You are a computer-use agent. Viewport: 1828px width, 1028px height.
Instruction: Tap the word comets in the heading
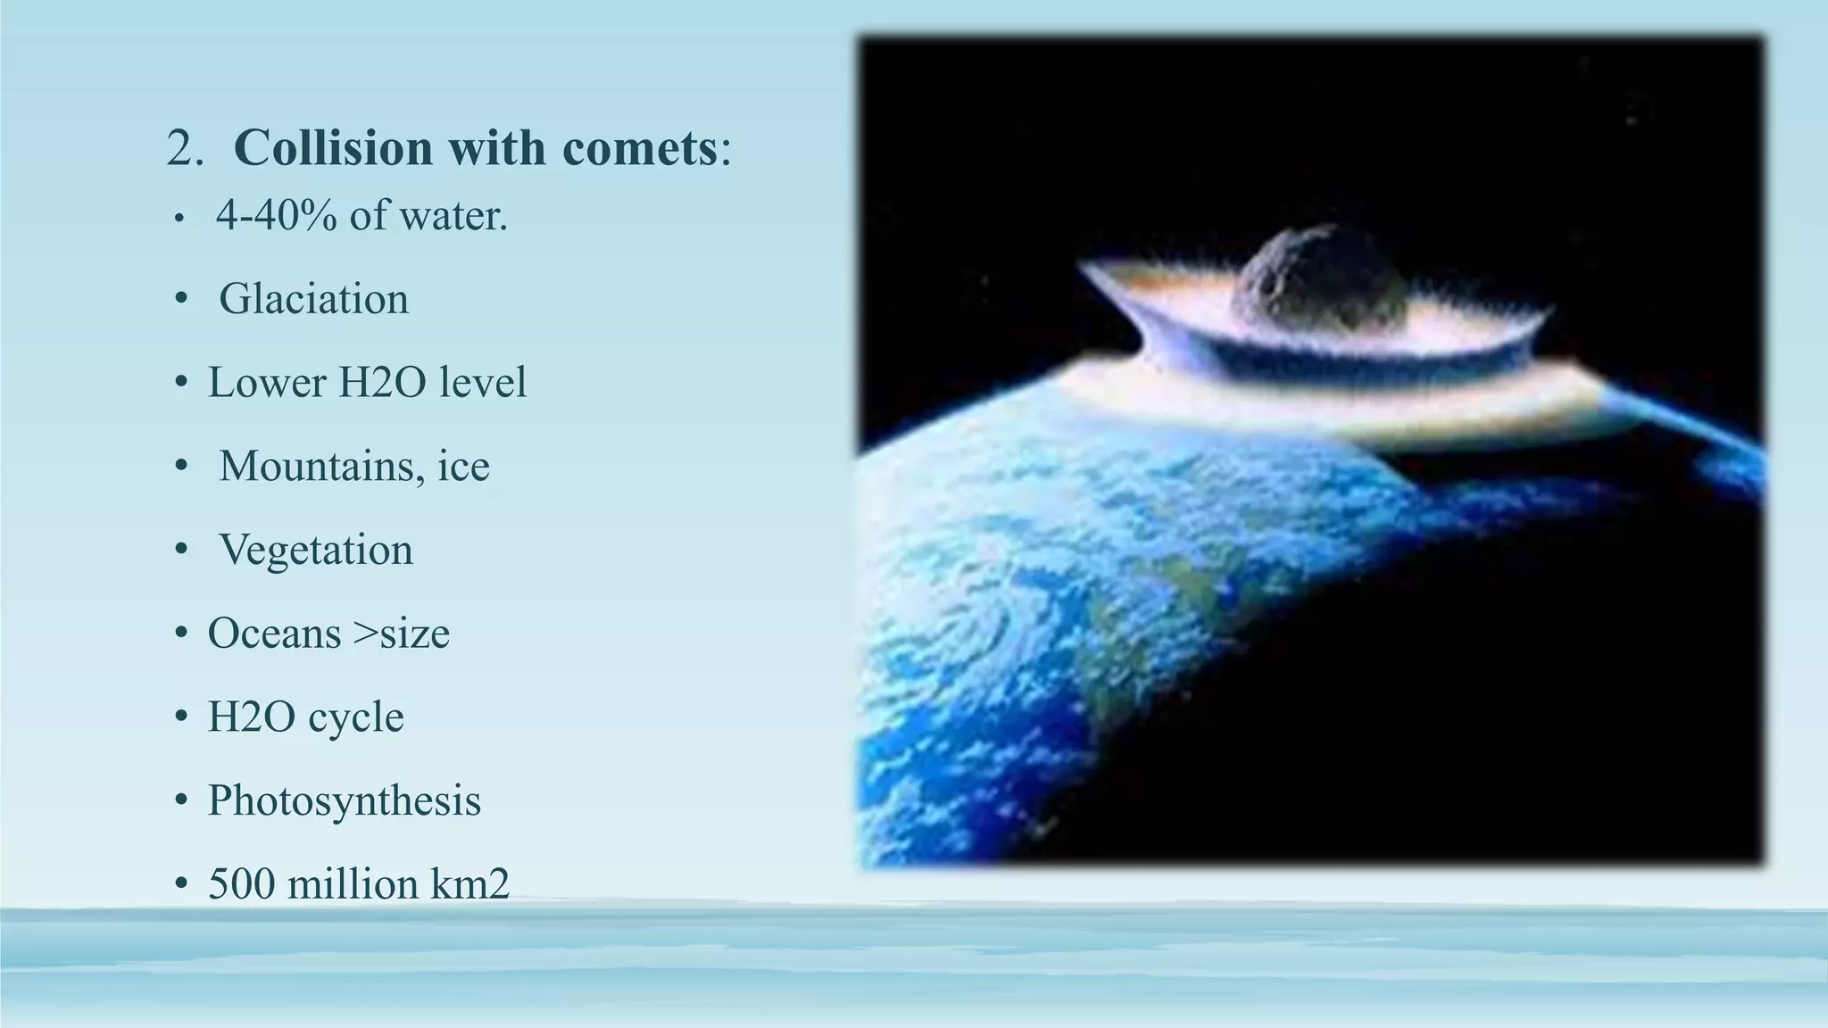pyautogui.click(x=639, y=147)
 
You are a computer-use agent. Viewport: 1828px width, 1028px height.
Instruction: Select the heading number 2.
pyautogui.click(x=184, y=148)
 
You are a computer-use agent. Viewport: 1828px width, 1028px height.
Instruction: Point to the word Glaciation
pyautogui.click(x=313, y=299)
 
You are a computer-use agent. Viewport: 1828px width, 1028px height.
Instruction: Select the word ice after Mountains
pyautogui.click(x=463, y=467)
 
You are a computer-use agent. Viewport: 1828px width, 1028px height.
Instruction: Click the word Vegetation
pyautogui.click(x=316, y=550)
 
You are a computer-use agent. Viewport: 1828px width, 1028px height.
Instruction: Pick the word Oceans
pyautogui.click(x=274, y=634)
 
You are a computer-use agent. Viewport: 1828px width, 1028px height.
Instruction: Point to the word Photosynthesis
pyautogui.click(x=344, y=800)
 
